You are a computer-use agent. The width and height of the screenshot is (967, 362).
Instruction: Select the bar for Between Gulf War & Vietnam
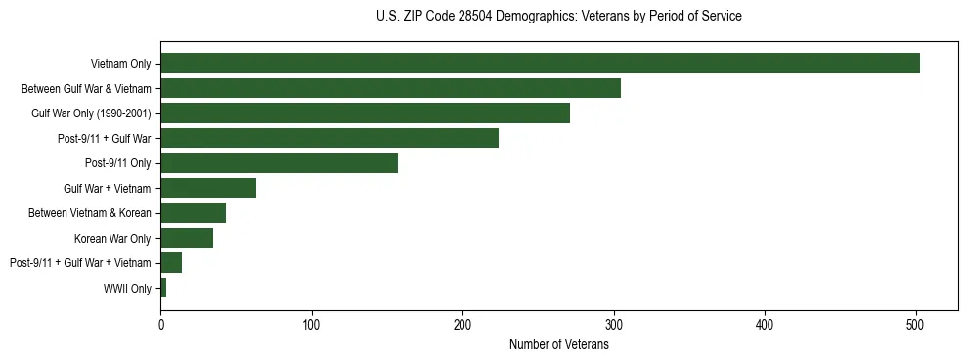tap(390, 88)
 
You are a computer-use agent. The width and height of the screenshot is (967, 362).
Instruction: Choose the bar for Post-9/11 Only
tap(279, 163)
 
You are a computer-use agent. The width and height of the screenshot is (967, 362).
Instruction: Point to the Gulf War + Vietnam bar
tap(208, 188)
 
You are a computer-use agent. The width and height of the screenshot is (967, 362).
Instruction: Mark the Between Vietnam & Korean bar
tap(193, 213)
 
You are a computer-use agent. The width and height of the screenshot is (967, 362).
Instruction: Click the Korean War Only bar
tap(187, 238)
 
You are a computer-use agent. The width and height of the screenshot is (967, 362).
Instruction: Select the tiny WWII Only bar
tap(163, 288)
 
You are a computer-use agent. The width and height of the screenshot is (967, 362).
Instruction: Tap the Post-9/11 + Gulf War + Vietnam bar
tap(171, 263)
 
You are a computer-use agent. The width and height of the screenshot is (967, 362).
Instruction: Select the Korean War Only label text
tap(112, 238)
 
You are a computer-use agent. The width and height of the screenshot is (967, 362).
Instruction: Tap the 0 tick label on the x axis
tap(160, 324)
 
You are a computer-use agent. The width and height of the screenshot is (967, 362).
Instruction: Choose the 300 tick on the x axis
tap(614, 324)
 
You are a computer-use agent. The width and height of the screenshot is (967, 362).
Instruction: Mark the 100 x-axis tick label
tap(312, 324)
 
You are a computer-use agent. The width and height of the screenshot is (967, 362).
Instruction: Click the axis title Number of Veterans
tap(559, 344)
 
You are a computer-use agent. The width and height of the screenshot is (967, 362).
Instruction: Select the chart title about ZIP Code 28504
tap(559, 17)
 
